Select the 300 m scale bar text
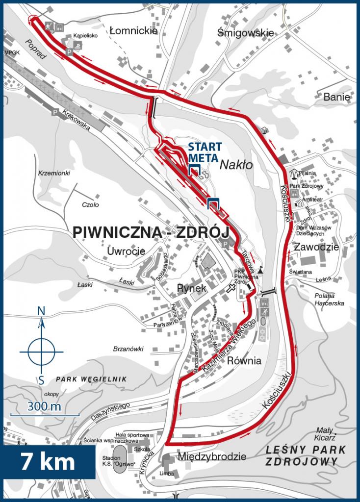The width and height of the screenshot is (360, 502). pos(44,407)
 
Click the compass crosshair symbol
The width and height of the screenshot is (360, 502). pos(42,351)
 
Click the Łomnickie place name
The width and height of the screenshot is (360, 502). pos(133,31)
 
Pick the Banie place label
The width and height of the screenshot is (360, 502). pos(337,97)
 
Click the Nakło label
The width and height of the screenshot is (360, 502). pos(236,165)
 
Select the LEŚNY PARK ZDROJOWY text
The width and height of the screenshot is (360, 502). pos(305,455)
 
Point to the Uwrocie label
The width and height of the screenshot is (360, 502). pos(126,251)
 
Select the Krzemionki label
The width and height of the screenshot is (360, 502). pos(54,174)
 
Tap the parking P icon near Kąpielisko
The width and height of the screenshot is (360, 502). pos(70,50)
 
